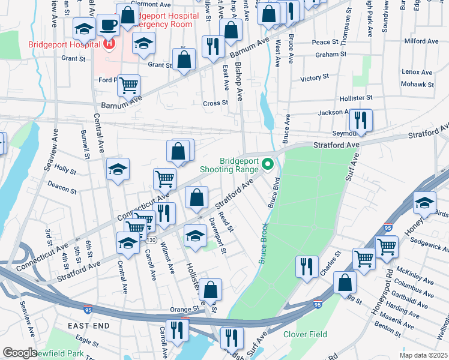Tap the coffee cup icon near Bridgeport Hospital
coord(108,25)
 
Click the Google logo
coord(20,353)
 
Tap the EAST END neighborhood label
coord(88,325)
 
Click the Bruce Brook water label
coord(263,242)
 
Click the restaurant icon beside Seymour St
coord(361,119)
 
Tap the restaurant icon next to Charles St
coord(307,265)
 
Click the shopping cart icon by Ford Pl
coord(128,85)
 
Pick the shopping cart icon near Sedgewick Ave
coord(387,245)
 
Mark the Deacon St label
coord(62,188)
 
